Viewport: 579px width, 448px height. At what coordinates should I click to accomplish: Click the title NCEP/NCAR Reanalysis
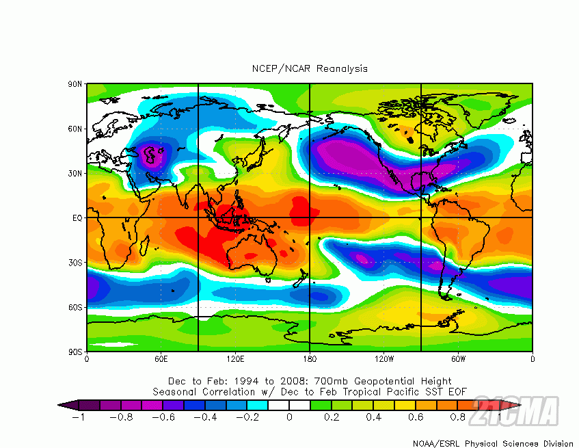[x=310, y=68]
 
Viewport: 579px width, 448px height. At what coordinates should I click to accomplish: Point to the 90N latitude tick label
[x=75, y=84]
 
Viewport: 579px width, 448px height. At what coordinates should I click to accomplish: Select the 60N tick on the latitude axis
[x=75, y=129]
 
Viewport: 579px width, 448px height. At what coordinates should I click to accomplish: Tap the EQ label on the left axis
[x=77, y=218]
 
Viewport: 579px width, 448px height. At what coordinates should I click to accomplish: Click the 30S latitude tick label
[x=75, y=263]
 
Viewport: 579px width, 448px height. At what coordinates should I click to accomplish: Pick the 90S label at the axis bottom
[x=75, y=352]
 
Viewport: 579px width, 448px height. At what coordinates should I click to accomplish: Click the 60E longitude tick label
[x=161, y=358]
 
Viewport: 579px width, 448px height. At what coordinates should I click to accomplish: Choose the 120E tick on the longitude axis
[x=235, y=358]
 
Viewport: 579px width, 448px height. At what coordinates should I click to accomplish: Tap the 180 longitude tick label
[x=310, y=358]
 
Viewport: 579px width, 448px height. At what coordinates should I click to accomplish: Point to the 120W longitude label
[x=384, y=358]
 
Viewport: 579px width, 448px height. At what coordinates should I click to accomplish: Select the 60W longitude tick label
[x=458, y=358]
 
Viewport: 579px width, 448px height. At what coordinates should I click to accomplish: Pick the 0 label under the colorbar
[x=290, y=416]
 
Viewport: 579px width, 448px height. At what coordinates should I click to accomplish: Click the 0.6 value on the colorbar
[x=416, y=416]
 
